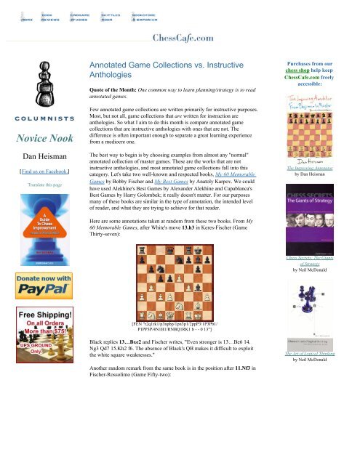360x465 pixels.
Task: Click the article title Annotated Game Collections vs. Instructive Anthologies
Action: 163,68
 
